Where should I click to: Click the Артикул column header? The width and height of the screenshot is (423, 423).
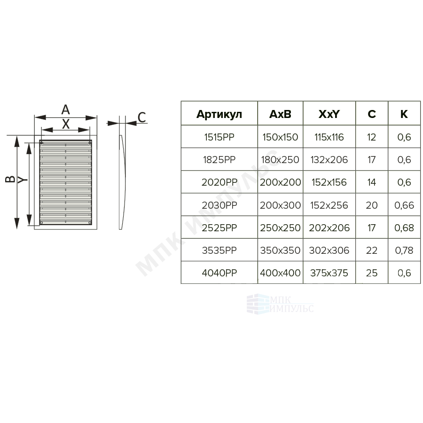(219, 114)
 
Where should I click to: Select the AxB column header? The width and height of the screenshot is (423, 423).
(280, 114)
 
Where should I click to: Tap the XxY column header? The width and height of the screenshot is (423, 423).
(329, 114)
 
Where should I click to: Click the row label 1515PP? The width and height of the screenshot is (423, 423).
(219, 137)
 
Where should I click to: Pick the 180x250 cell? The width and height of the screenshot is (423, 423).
(280, 160)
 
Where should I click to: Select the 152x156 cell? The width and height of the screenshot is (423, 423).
(329, 182)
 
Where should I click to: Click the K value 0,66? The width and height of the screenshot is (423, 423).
(404, 205)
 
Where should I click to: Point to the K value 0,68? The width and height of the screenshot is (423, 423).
(404, 228)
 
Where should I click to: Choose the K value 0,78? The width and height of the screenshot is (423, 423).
(404, 251)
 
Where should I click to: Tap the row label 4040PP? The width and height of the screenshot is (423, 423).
(219, 273)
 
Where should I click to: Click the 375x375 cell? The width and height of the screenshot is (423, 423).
(329, 273)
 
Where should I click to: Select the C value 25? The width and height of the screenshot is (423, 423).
(371, 273)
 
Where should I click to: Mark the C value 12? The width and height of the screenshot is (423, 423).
(371, 137)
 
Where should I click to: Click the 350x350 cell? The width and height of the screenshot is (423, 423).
(280, 251)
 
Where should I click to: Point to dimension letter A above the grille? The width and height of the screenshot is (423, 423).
(65, 110)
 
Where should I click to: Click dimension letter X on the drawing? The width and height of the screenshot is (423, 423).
(66, 124)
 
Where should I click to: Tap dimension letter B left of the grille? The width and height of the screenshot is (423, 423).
(10, 179)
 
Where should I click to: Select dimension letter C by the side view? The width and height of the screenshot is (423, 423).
(141, 117)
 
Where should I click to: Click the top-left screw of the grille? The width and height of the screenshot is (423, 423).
(41, 143)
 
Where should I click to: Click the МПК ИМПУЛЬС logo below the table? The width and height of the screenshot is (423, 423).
(280, 304)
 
